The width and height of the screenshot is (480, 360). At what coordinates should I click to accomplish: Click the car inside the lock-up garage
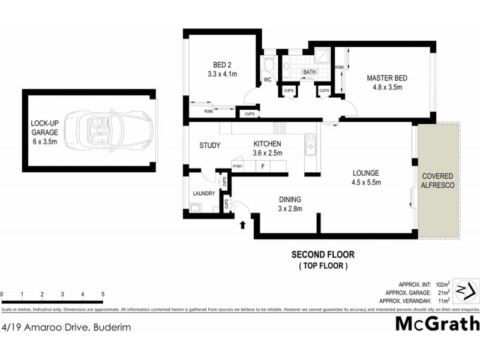tap(108, 130)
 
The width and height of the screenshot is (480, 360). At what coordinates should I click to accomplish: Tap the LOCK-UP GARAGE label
tap(45, 133)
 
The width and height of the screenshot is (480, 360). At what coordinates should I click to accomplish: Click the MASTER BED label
tap(387, 77)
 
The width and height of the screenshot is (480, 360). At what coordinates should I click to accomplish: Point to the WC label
tap(267, 79)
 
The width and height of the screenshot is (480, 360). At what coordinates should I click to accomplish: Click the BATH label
tap(309, 72)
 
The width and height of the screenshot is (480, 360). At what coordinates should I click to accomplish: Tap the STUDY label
tap(209, 145)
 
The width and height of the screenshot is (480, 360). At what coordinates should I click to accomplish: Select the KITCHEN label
tap(267, 144)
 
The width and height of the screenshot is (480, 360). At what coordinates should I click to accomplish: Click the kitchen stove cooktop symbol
tap(280, 128)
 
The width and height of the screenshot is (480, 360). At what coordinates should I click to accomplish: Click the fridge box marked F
tap(263, 167)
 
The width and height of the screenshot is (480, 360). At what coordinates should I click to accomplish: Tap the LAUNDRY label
tap(203, 193)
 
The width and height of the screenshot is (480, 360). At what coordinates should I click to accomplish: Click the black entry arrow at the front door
tap(242, 225)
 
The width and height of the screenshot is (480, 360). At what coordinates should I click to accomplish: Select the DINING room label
tap(289, 200)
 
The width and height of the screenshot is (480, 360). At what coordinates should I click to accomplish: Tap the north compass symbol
tap(464, 291)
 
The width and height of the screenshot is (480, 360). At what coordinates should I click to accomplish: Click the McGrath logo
tap(437, 324)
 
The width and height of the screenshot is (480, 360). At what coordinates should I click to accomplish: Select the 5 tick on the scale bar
tap(103, 294)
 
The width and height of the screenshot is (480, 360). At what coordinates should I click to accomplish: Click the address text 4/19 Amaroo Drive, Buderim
tap(66, 327)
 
